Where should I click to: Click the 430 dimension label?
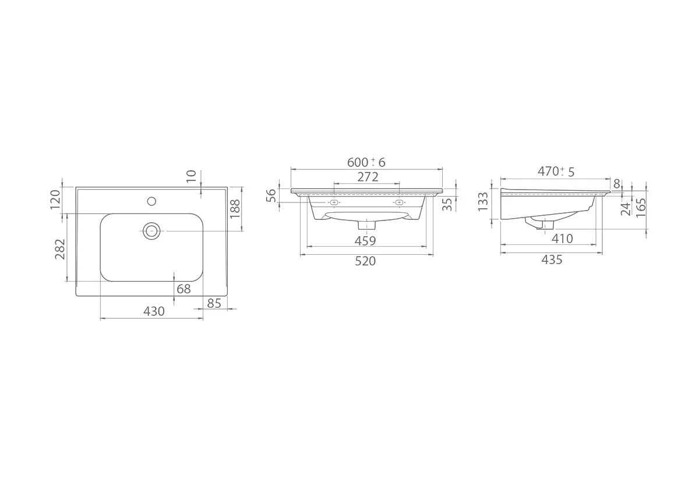(154, 311)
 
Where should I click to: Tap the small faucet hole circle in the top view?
(151, 201)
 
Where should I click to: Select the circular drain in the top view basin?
(151, 231)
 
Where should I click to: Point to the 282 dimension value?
(60, 249)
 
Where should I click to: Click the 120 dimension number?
(55, 200)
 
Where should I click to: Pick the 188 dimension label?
(235, 209)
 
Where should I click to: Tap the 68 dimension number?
(183, 289)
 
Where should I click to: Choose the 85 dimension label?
(214, 303)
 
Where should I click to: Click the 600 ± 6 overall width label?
(366, 162)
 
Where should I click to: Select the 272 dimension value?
(368, 177)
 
